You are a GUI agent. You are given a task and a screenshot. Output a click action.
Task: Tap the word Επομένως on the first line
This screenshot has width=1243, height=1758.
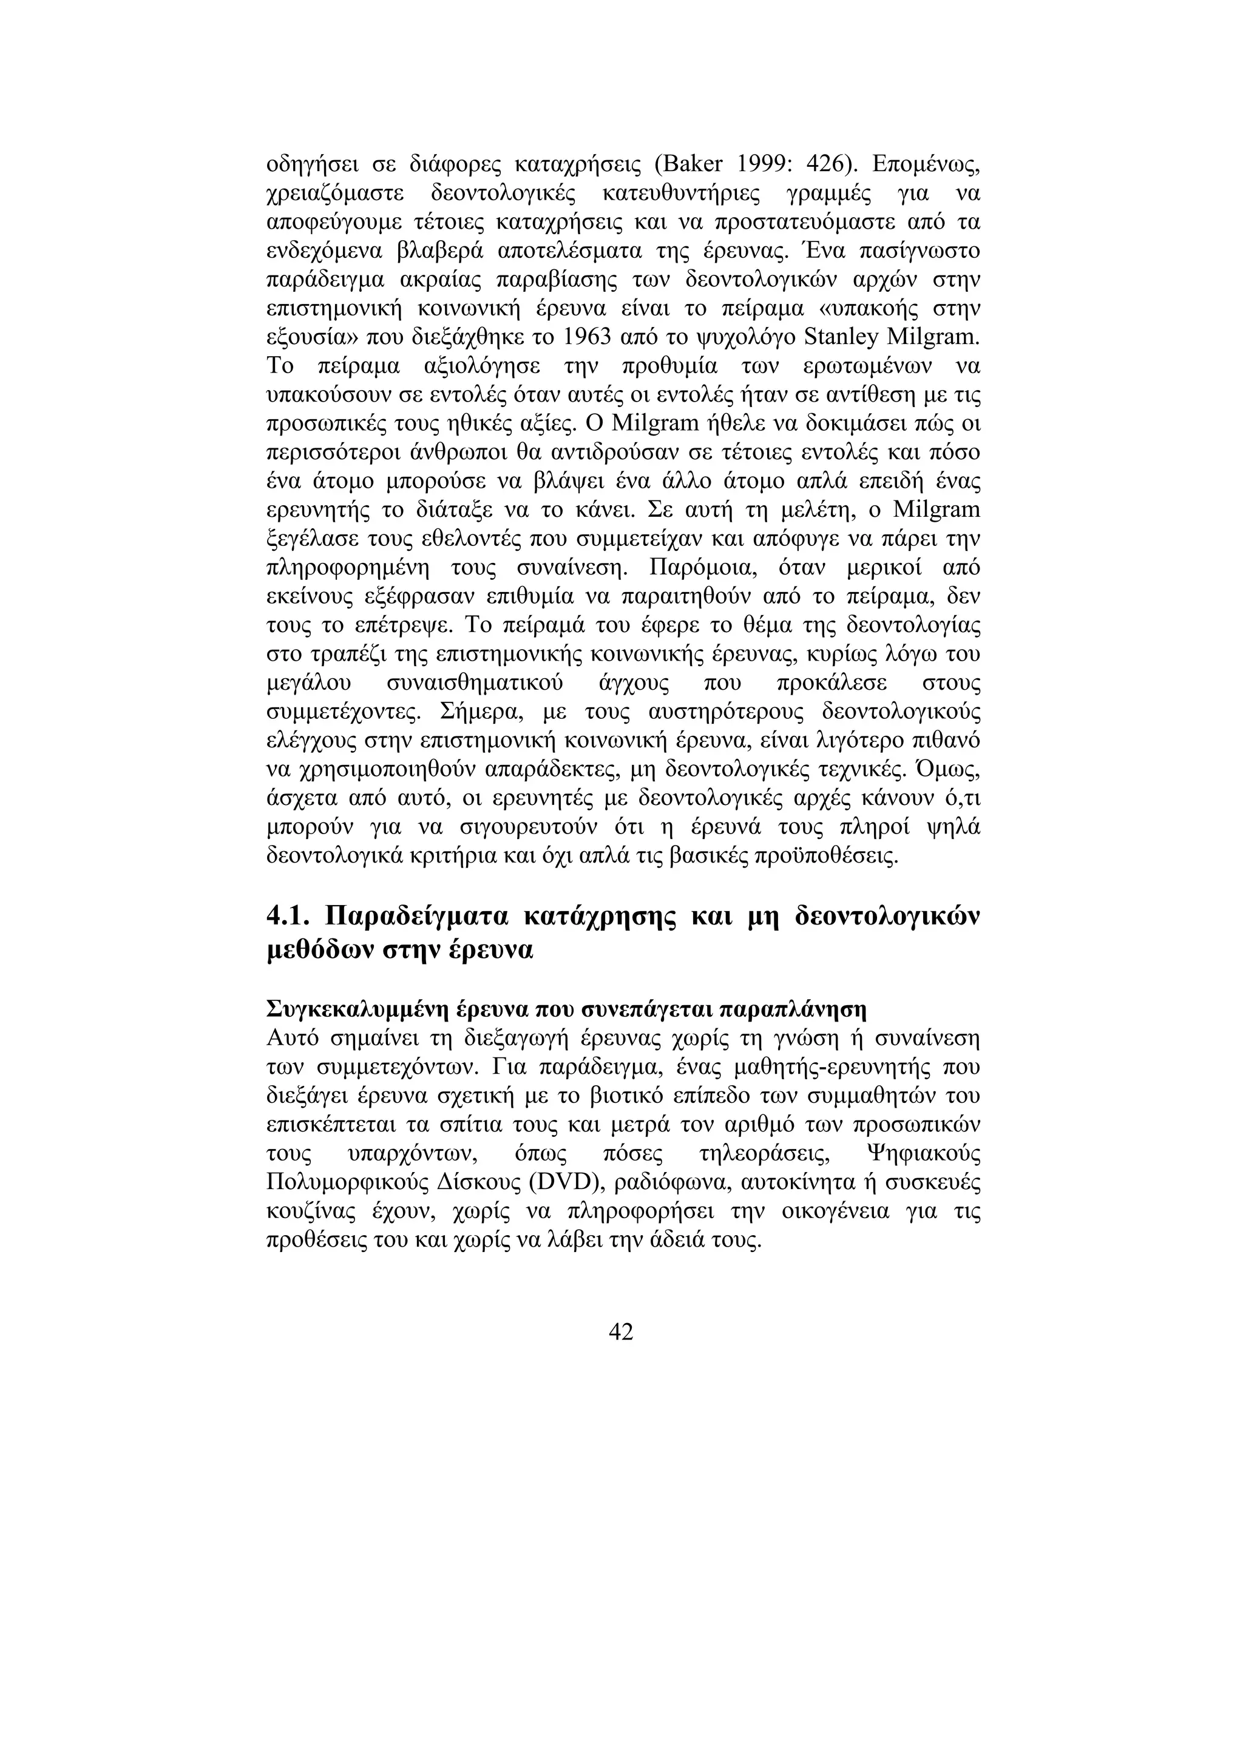(x=926, y=166)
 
